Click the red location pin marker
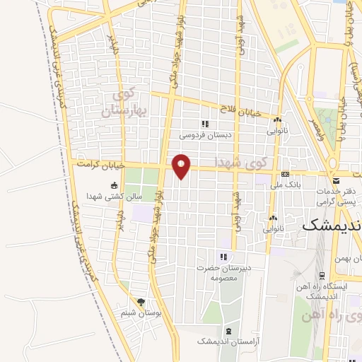coord(182,165)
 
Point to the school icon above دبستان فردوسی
coord(205,124)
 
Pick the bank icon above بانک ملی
coord(285,173)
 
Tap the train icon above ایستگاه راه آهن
coord(322,276)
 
